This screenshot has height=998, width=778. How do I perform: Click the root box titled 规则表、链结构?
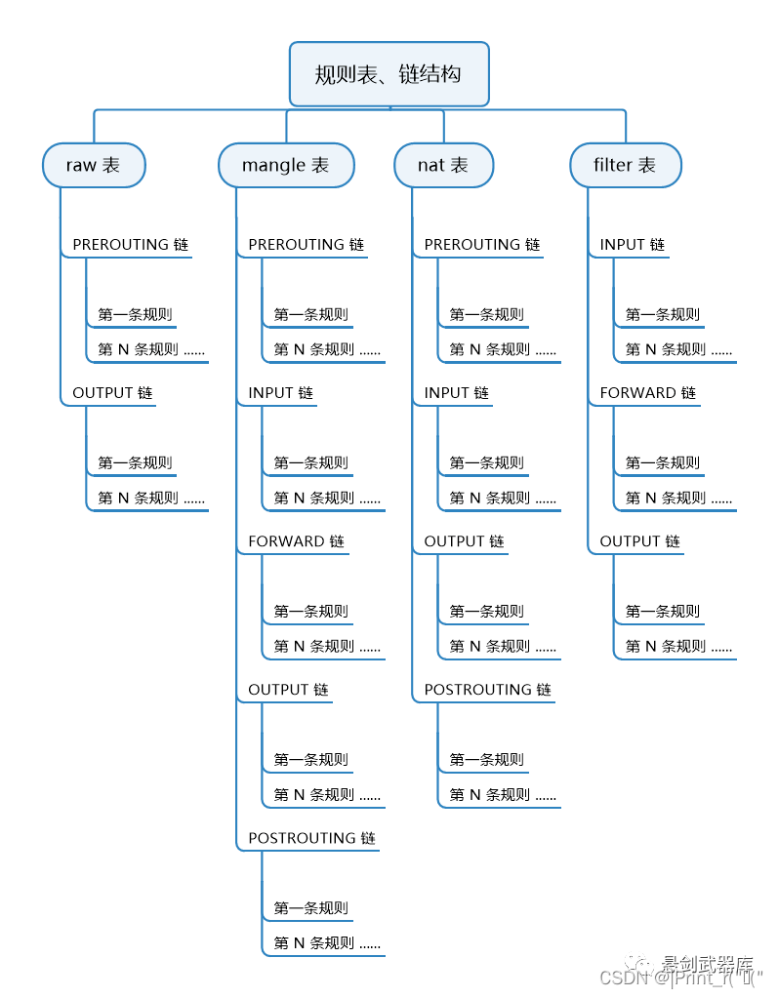[x=389, y=74]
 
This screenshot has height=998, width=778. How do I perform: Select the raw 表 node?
[x=94, y=165]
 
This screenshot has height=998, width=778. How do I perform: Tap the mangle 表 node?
[x=285, y=165]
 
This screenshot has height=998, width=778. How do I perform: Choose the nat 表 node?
[x=443, y=165]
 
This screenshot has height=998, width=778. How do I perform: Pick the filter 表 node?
[x=625, y=165]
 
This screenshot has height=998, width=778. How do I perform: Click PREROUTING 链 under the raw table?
[x=130, y=245]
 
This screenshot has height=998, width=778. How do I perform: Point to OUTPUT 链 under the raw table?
[x=112, y=393]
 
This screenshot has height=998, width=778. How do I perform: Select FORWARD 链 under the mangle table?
[x=296, y=541]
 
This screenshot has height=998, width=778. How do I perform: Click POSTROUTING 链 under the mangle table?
[x=311, y=838]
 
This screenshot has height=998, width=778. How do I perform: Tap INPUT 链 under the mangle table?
[x=280, y=393]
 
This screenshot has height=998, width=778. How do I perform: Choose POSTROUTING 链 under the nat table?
[x=487, y=690]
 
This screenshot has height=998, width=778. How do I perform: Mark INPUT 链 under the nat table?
[x=456, y=393]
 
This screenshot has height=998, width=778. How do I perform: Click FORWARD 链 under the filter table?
[x=647, y=393]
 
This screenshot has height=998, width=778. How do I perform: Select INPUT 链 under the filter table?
[x=632, y=245]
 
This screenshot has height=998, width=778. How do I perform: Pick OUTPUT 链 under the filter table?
[x=639, y=541]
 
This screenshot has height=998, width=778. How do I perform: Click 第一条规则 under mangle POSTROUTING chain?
[x=310, y=908]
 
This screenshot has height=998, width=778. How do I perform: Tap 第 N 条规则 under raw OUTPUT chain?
[x=151, y=499]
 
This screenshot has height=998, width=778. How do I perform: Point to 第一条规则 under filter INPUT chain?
[x=662, y=315]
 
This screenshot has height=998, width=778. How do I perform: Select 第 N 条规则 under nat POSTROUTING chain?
[x=503, y=795]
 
